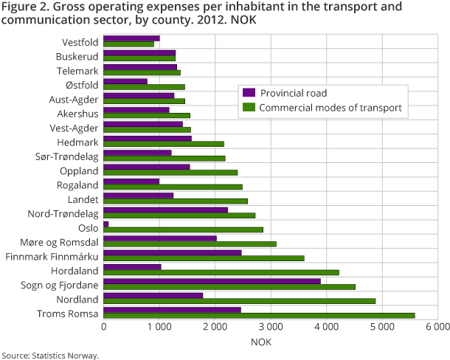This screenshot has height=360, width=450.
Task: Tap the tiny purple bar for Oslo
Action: point(106,224)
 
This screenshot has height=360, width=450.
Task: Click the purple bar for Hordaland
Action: point(133,266)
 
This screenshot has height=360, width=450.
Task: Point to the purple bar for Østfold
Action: point(125,81)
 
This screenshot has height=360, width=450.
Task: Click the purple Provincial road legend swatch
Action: point(249,92)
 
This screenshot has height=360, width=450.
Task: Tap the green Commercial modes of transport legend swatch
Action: point(249,107)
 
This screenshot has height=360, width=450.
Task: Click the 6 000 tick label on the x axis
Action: point(437,326)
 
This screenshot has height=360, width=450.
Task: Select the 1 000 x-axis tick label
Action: point(159,326)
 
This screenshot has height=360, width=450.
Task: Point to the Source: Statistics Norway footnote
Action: point(49,355)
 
